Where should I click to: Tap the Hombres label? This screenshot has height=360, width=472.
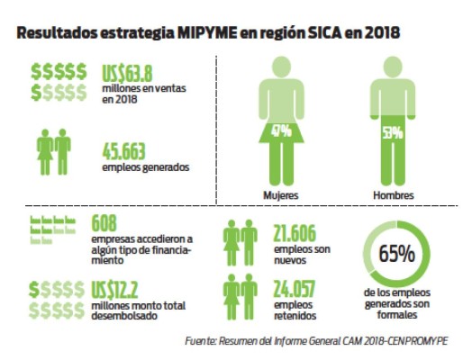392,195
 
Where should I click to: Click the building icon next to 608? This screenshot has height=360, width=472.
53,229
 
